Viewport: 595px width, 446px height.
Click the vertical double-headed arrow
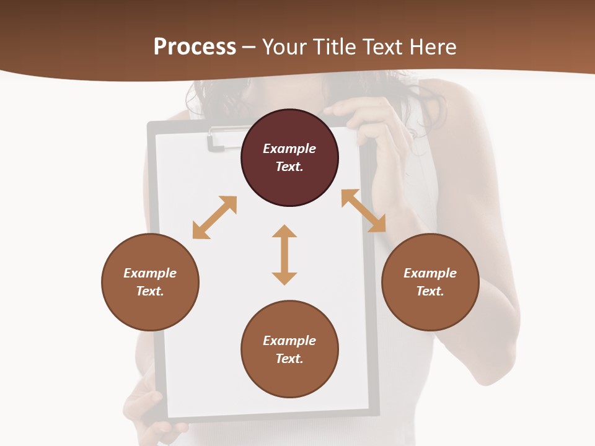click(284, 255)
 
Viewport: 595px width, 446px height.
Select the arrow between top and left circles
click(214, 217)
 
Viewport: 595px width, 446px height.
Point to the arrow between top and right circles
click(364, 211)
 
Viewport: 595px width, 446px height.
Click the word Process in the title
click(195, 47)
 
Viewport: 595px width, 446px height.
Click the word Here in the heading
click(432, 47)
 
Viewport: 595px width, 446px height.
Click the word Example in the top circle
click(289, 149)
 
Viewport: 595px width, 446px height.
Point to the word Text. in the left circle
click(150, 291)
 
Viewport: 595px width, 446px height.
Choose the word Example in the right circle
click(430, 273)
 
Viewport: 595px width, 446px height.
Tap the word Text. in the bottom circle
click(289, 359)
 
